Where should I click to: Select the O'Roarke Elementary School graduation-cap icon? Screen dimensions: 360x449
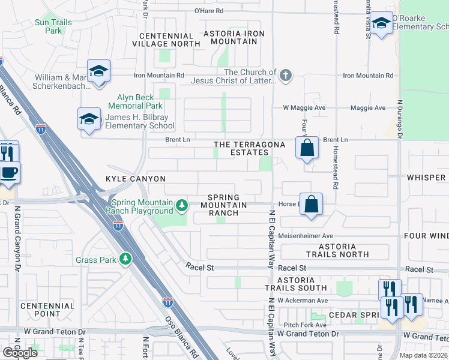pos(381,24)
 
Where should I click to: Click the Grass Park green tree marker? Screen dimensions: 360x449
pos(125,259)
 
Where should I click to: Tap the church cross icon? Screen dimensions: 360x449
pos(286,76)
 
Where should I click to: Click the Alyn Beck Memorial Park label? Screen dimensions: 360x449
pos(131,101)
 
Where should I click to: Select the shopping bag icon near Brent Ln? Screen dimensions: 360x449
pos(307,147)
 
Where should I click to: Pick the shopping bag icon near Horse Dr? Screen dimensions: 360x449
pos(312,203)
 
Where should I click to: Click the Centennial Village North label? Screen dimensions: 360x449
pos(166,40)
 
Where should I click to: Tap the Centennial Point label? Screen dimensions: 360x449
pos(47,310)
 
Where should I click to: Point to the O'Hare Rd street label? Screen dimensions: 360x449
pos(204,11)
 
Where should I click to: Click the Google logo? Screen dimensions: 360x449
pos(20,353)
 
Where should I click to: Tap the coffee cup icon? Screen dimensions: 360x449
pos(8,172)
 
